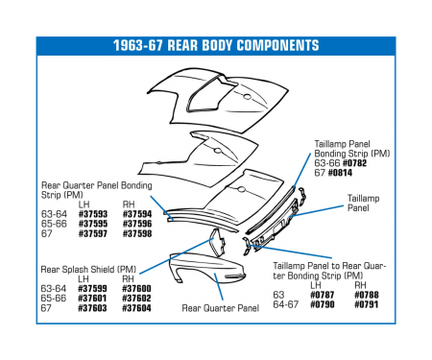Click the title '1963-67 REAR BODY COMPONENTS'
point(215,46)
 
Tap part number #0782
point(352,162)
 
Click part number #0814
point(341,172)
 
